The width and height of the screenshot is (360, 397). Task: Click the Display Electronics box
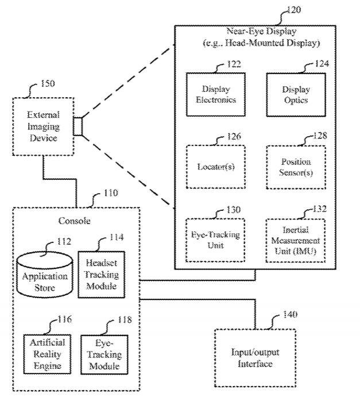(x=216, y=95)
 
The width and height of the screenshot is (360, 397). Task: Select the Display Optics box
(x=295, y=95)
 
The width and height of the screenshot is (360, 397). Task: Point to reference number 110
(x=103, y=195)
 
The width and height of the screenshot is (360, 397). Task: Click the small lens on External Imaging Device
(x=78, y=125)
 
